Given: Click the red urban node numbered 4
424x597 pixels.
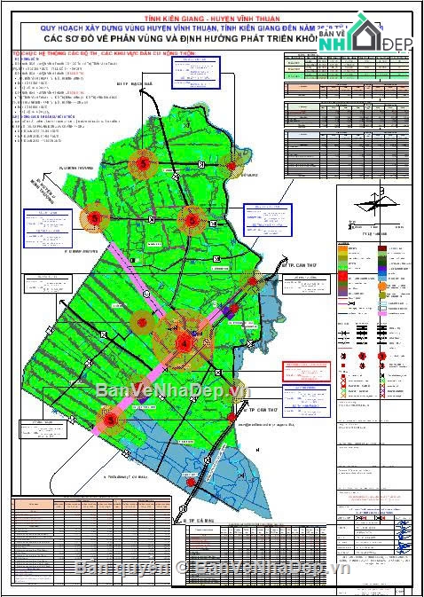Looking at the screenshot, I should pyautogui.click(x=185, y=342).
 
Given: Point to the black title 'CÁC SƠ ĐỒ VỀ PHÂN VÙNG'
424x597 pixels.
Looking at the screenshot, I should pyautogui.click(x=177, y=40).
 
